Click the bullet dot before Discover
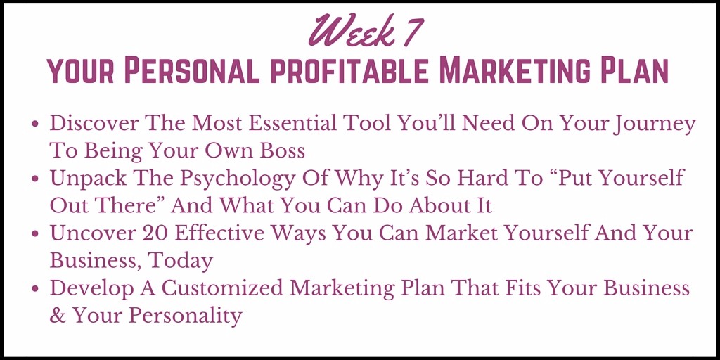tap(36, 124)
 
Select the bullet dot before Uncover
tap(36, 234)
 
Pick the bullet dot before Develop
tap(36, 289)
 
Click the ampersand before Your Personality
tap(58, 316)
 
